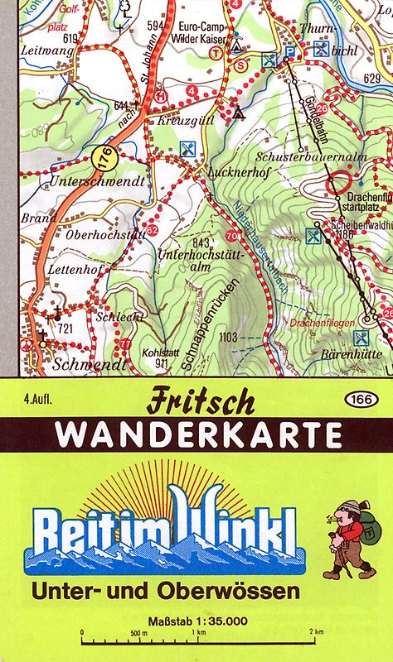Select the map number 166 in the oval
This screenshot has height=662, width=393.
click(359, 400)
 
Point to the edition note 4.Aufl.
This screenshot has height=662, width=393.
click(39, 401)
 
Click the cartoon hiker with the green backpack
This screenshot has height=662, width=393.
click(348, 539)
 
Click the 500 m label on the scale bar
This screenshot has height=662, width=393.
click(139, 632)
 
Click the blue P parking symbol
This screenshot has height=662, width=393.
click(289, 50)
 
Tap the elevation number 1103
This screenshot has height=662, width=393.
click(230, 336)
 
